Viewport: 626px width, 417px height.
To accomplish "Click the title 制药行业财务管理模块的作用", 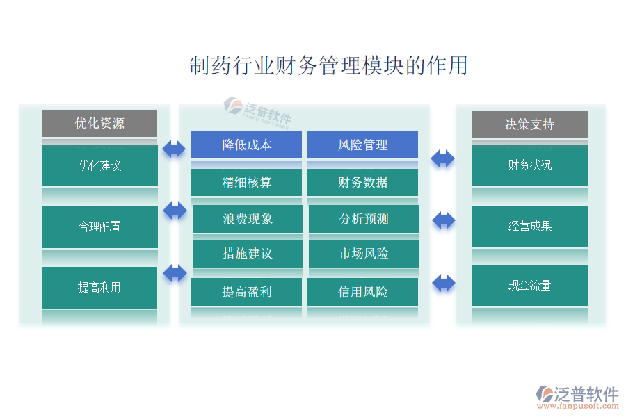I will coord(328,66).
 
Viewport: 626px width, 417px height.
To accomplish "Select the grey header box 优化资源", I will coord(99,124).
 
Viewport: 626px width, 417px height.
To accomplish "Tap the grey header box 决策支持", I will coord(529,124).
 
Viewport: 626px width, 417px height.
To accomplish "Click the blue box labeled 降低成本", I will coord(247,145).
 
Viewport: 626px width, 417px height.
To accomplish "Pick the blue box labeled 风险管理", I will coord(362,145).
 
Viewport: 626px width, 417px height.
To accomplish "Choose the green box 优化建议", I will coord(99,165).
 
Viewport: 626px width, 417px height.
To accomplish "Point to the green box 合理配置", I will coord(99,227).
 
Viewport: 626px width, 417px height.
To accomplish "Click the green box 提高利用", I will coord(99,287).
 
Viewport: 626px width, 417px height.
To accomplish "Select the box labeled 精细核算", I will coord(247,183).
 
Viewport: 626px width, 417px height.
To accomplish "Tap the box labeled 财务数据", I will coord(362,183).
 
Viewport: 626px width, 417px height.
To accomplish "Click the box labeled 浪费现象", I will coord(248,219).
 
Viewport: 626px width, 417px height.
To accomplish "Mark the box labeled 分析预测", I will coord(363,219).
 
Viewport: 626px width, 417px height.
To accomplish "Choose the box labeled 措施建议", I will coord(248,254).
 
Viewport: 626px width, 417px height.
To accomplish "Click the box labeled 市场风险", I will coord(363,254).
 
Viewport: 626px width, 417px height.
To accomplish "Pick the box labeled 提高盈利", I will coord(247,292).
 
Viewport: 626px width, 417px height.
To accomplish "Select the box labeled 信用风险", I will coord(362,292).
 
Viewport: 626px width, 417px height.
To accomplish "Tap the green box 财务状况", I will coord(529,165).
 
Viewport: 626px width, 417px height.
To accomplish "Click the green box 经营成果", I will coord(529,227).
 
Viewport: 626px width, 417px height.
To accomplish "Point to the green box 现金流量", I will coord(529,286).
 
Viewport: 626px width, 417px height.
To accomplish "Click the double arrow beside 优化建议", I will coord(174,149).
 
